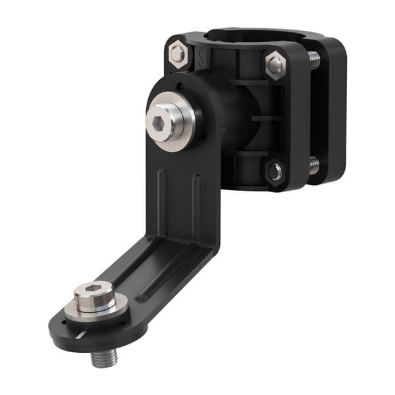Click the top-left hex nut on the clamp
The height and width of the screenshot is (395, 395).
point(178,52)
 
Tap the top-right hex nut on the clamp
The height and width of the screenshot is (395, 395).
point(276,64)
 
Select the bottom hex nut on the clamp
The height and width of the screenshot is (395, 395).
point(275,171)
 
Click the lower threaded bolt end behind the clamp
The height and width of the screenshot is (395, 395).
point(314,165)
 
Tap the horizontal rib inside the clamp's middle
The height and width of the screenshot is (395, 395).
point(270,118)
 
